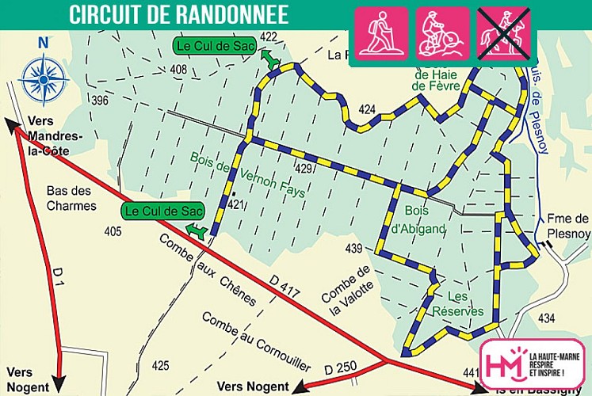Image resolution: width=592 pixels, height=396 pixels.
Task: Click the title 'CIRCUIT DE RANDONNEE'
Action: (x=178, y=14)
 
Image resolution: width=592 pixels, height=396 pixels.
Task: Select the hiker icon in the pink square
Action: (x=381, y=34)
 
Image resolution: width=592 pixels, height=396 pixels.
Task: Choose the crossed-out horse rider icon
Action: (x=504, y=34)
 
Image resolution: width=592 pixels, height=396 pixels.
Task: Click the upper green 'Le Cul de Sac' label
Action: (x=213, y=47)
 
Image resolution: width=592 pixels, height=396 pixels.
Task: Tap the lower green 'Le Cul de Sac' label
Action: (x=163, y=211)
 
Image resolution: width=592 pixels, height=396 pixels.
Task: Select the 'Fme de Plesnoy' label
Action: (x=568, y=226)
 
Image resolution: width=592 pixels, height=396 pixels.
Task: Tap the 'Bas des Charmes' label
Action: (x=71, y=198)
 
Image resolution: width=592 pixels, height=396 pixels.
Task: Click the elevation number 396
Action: (x=99, y=101)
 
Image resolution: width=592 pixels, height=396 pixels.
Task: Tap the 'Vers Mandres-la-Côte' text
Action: (x=54, y=135)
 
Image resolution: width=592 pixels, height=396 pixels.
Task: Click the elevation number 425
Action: (x=160, y=365)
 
